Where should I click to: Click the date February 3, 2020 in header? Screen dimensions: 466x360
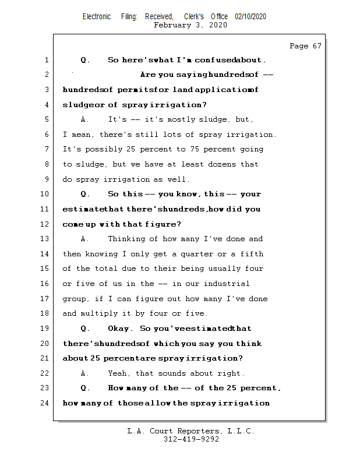[190, 26]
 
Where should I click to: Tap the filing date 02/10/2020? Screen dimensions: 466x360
[250, 16]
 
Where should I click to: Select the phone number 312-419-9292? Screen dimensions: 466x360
[191, 440]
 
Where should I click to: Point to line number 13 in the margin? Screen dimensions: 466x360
[45, 239]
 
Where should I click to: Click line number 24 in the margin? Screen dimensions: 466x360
[45, 403]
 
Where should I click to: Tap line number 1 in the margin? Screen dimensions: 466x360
[45, 60]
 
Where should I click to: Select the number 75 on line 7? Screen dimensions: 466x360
[189, 149]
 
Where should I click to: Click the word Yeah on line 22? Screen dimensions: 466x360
[118, 373]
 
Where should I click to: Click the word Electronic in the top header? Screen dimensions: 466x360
[97, 16]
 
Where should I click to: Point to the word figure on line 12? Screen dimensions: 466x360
[166, 224]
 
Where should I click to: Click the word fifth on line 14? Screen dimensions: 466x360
[251, 253]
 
